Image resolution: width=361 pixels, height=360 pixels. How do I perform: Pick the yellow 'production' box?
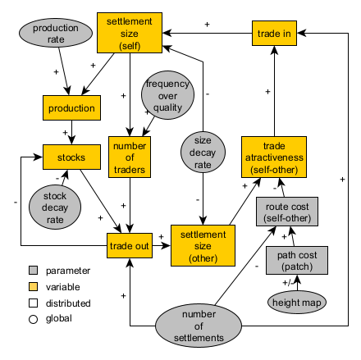71,107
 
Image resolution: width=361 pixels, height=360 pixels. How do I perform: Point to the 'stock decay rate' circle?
55,203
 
